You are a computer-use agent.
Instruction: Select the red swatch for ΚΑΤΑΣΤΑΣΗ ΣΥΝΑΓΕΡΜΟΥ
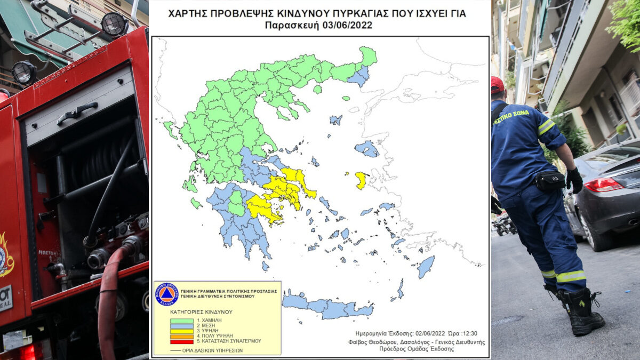pos(181,341)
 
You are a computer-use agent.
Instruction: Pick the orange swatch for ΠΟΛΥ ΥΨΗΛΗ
pos(181,335)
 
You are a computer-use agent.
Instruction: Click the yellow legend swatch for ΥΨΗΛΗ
pos(181,331)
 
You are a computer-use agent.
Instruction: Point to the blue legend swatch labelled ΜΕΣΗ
pos(181,325)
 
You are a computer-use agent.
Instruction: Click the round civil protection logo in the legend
pos(166,294)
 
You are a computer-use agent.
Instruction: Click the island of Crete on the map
pos(325,307)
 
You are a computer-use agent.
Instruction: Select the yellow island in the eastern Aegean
pos(361,180)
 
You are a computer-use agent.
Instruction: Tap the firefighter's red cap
pos(497,85)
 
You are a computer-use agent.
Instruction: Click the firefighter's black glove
pos(574,180)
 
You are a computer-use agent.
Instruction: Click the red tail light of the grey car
pos(603,185)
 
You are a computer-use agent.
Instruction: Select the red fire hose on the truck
pos(109,299)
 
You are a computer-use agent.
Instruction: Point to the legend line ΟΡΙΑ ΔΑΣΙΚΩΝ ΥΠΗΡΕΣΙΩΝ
pos(203,350)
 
